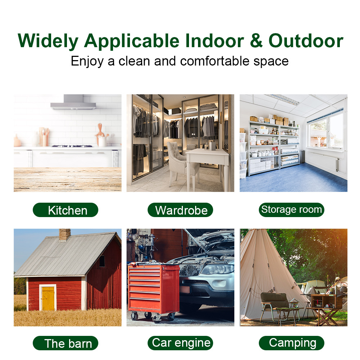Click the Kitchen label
click(x=66, y=210)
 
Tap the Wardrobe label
click(x=180, y=210)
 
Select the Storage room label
click(x=292, y=210)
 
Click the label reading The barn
click(x=66, y=343)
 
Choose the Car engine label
click(x=180, y=343)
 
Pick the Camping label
click(x=292, y=343)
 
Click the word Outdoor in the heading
click(x=306, y=41)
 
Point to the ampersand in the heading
click(x=256, y=41)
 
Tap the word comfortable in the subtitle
click(x=215, y=61)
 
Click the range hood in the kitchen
click(x=73, y=102)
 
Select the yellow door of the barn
click(x=48, y=298)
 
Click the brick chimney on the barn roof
click(x=65, y=235)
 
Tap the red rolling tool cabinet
click(x=153, y=292)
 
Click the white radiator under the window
click(x=321, y=161)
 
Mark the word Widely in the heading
click(x=48, y=41)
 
